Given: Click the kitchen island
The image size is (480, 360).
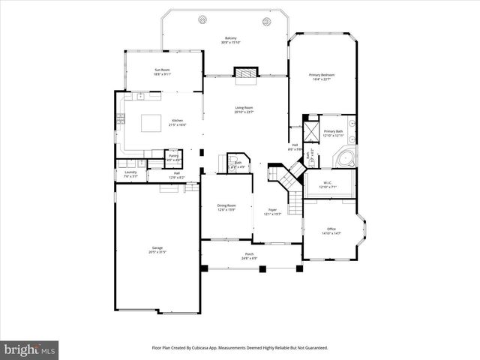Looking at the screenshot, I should pyautogui.click(x=153, y=122).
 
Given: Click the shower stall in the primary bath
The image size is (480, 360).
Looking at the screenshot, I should pyautogui.click(x=311, y=124).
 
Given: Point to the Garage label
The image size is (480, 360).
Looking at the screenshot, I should pyautogui.click(x=157, y=247).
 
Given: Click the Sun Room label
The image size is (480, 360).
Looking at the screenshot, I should pyautogui.click(x=163, y=70).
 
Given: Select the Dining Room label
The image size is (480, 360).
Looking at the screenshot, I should pyautogui.click(x=226, y=205).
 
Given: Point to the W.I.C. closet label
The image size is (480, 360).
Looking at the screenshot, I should pyautogui.click(x=328, y=182).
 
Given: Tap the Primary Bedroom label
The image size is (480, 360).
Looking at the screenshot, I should pyautogui.click(x=322, y=75).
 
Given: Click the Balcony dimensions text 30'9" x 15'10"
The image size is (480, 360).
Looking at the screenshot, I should pyautogui.click(x=231, y=43).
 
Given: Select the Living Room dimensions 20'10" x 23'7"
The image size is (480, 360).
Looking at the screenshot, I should pyautogui.click(x=244, y=113).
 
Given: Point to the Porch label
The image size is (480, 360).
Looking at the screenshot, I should pyautogui.click(x=249, y=254).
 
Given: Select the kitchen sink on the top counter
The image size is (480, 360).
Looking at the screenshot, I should pyautogui.click(x=140, y=96).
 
